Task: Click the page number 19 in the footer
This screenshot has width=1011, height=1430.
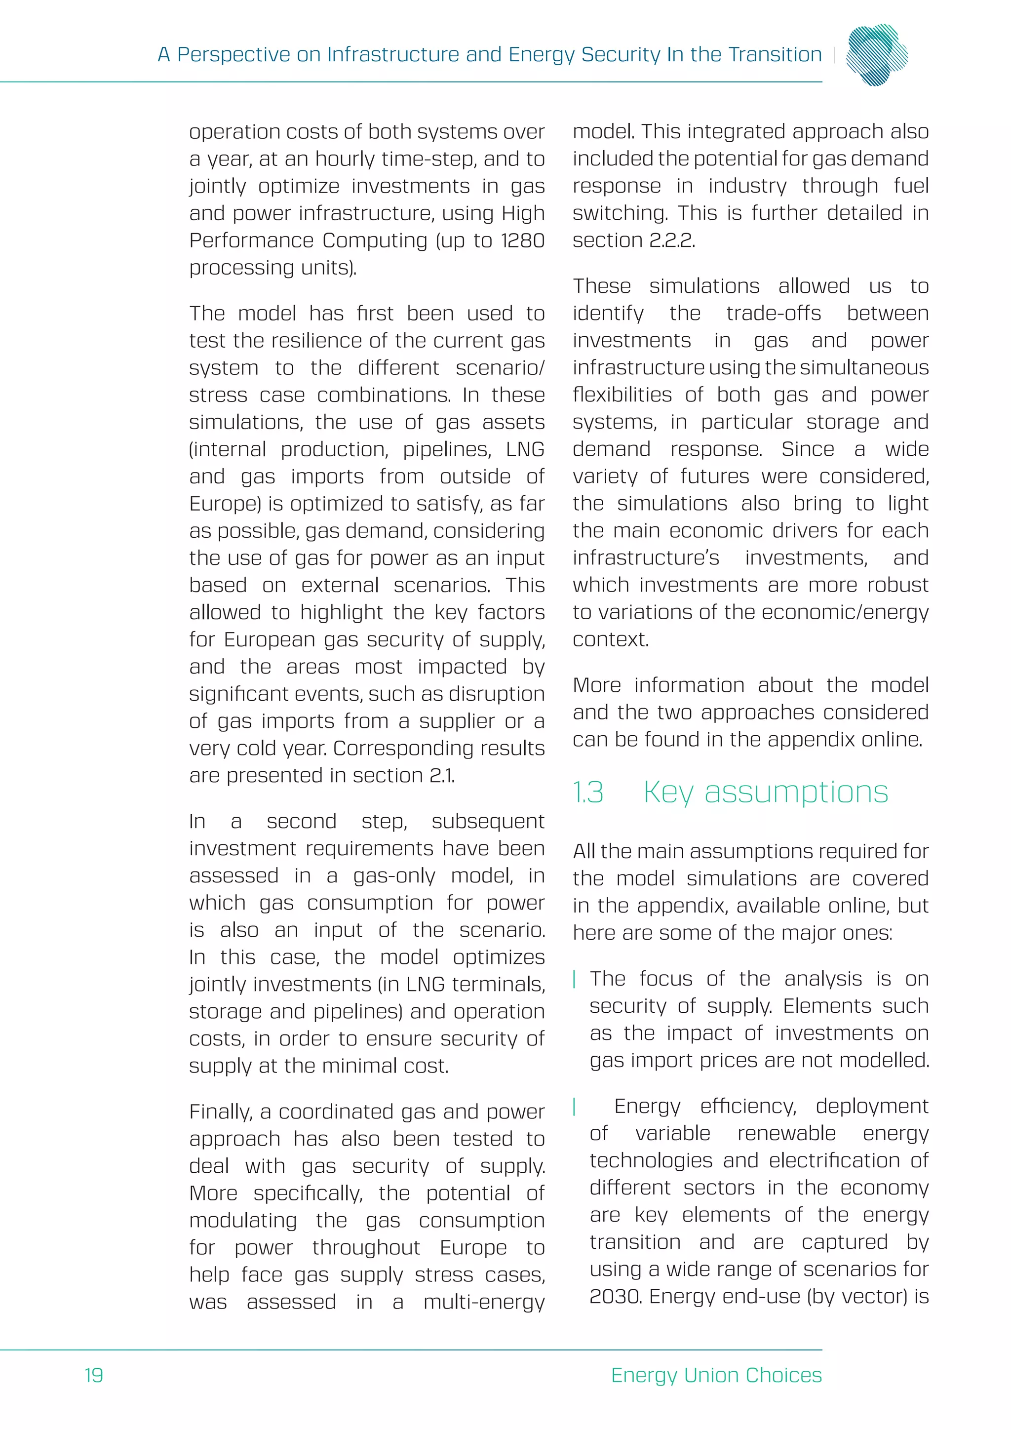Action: pyautogui.click(x=94, y=1375)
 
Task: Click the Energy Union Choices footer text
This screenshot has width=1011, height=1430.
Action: pyautogui.click(x=716, y=1375)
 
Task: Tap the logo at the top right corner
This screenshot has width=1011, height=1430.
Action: pyautogui.click(x=877, y=54)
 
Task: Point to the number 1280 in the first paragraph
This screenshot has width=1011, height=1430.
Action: pyautogui.click(x=522, y=240)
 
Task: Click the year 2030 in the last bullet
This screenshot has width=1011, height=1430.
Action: pyautogui.click(x=616, y=1297)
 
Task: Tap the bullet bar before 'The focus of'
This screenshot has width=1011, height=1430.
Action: pyautogui.click(x=575, y=979)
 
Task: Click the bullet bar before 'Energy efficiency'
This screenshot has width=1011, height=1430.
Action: pyautogui.click(x=575, y=1106)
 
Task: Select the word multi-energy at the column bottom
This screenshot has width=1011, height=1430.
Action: pyautogui.click(x=484, y=1302)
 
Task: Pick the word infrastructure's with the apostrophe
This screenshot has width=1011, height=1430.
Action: pyautogui.click(x=646, y=558)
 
